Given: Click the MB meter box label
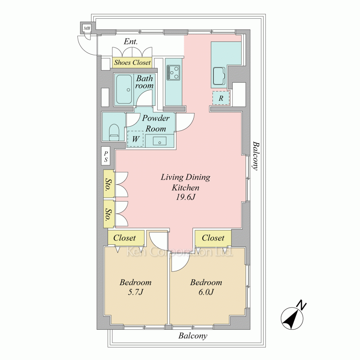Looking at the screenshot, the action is pyautogui.click(x=87, y=28).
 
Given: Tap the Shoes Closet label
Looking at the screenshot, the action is pyautogui.click(x=132, y=62).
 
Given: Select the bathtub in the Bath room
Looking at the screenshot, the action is pyautogui.click(x=124, y=90).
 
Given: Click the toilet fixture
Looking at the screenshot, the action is pyautogui.click(x=114, y=132).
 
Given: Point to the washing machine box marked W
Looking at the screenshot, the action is pyautogui.click(x=135, y=139).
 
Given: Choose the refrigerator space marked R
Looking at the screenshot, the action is pyautogui.click(x=221, y=98).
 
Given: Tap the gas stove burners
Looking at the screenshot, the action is pyautogui.click(x=174, y=72).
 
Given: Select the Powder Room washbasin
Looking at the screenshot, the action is pyautogui.click(x=159, y=140).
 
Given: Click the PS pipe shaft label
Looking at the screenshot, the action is pyautogui.click(x=106, y=156).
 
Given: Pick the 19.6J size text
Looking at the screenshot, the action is pyautogui.click(x=185, y=197).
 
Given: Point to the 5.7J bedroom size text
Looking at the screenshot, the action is pyautogui.click(x=135, y=292).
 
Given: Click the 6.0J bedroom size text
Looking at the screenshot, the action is pyautogui.click(x=206, y=292).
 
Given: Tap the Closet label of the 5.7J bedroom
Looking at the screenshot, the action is pyautogui.click(x=125, y=238).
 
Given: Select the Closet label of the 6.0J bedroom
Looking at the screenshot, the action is pyautogui.click(x=213, y=238).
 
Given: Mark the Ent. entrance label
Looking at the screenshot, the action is pyautogui.click(x=131, y=41).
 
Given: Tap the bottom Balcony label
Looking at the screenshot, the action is pyautogui.click(x=193, y=336).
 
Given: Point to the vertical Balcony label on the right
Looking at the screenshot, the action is pyautogui.click(x=256, y=156).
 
